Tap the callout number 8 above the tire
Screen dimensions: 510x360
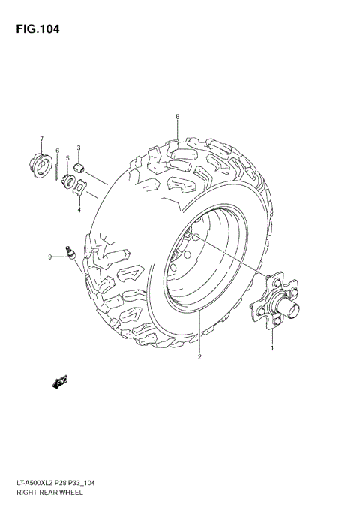point(178,116)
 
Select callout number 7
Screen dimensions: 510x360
point(42,139)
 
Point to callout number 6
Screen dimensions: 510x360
point(57,151)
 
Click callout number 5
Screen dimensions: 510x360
point(67,159)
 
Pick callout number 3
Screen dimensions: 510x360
point(79,148)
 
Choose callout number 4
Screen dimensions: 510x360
point(79,211)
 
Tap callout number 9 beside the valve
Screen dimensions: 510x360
point(51,257)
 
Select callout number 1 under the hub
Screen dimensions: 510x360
point(272,348)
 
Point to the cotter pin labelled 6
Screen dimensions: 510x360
point(57,168)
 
